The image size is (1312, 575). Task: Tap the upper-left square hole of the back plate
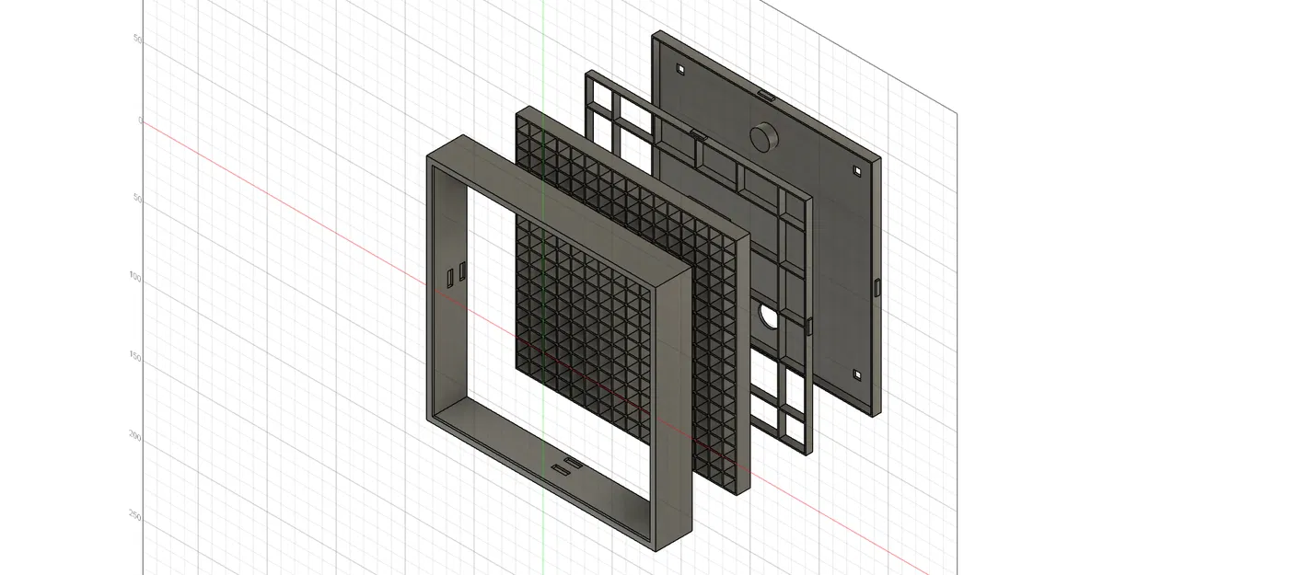[680, 69]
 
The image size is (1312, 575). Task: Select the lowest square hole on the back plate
[857, 375]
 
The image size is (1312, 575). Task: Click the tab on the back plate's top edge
[765, 93]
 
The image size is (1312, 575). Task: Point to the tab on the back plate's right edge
[877, 288]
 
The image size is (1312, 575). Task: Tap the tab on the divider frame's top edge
[697, 133]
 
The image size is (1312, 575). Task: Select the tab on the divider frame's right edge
[809, 325]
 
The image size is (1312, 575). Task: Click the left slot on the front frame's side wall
[449, 276]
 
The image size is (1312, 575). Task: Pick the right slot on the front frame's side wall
[462, 270]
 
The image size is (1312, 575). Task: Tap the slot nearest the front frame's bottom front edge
[560, 470]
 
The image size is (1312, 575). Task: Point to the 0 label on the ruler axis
[140, 120]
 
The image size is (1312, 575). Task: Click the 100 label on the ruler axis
[135, 277]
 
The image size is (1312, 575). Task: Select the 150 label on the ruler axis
[135, 357]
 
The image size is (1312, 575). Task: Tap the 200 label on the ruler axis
[135, 437]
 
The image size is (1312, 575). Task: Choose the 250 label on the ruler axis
[135, 517]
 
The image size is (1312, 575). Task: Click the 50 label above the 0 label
[138, 40]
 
